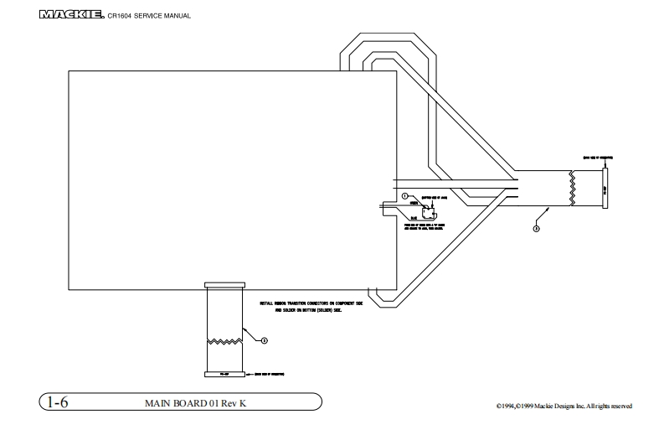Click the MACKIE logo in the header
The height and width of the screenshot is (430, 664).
pyautogui.click(x=70, y=14)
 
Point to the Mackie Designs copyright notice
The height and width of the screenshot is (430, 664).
pyautogui.click(x=564, y=407)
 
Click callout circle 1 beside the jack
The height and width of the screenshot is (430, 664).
pyautogui.click(x=404, y=195)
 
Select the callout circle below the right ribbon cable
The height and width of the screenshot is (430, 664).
pyautogui.click(x=535, y=226)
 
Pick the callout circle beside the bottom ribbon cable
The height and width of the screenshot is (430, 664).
pyautogui.click(x=265, y=340)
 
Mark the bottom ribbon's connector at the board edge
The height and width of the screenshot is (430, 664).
pyautogui.click(x=224, y=285)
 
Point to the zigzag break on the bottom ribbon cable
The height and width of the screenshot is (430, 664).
pyautogui.click(x=224, y=341)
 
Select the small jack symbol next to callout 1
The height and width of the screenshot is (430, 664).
pyautogui.click(x=430, y=210)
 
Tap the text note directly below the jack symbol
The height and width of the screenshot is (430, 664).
pyautogui.click(x=425, y=227)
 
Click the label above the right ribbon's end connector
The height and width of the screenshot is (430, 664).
pyautogui.click(x=597, y=156)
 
